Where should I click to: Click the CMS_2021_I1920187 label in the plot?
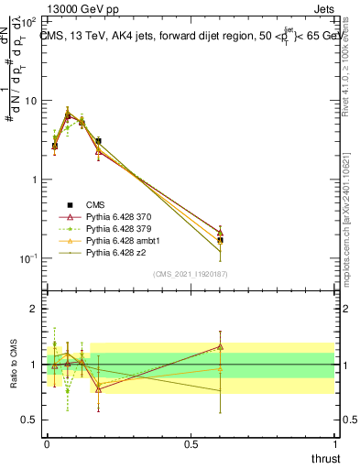[191, 273]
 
